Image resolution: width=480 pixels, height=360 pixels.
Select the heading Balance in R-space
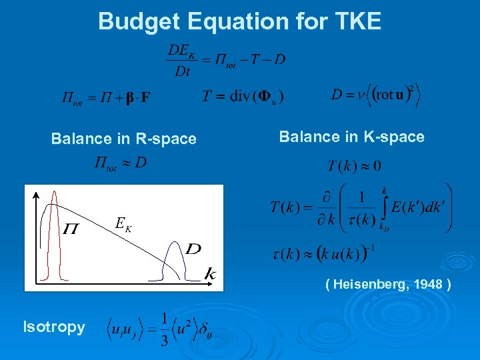coord(124,139)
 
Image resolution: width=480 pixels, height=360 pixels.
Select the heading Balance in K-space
coord(351,137)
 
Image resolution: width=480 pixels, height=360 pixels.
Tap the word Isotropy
coord(54,327)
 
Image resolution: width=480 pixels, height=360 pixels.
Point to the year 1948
coord(427,285)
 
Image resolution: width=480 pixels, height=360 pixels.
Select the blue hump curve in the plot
coord(175,257)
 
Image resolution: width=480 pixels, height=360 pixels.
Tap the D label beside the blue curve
coord(193,249)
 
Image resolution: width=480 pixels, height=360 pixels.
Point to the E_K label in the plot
coord(123,224)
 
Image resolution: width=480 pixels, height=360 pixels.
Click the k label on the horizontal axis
coord(210,273)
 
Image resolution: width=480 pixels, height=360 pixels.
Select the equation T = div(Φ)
coord(243,97)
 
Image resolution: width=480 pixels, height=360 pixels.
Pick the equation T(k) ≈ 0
coord(354,165)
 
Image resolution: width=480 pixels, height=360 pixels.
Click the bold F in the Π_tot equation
coord(145,99)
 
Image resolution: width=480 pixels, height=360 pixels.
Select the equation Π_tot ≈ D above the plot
coord(120,163)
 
